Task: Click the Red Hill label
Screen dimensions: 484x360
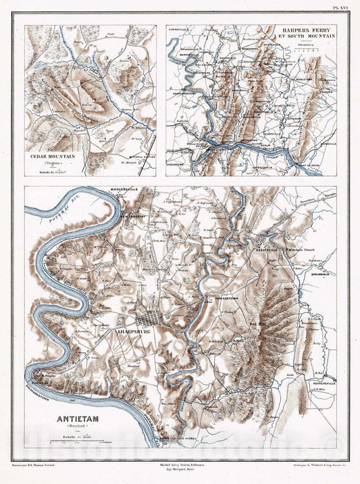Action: [x=259, y=324]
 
